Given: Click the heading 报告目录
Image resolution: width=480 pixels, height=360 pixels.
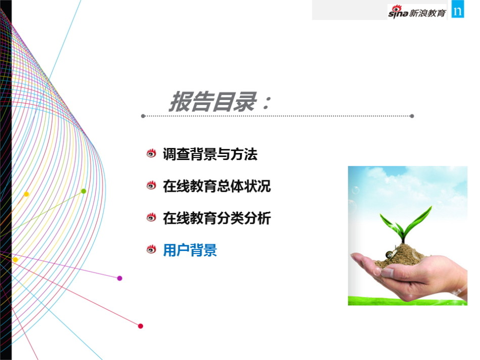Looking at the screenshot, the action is click(x=213, y=101).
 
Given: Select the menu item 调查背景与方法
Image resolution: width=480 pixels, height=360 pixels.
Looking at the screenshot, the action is click(x=210, y=154).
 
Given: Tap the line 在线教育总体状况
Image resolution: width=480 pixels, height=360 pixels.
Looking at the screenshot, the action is click(x=217, y=186).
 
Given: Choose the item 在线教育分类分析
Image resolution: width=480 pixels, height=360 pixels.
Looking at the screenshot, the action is click(x=217, y=218).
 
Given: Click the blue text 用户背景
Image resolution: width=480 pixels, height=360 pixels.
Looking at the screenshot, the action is click(x=190, y=250).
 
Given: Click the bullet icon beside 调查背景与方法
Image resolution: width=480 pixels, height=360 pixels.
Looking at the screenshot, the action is click(x=151, y=153).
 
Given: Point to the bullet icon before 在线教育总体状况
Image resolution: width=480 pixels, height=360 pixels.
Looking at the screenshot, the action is click(x=151, y=185).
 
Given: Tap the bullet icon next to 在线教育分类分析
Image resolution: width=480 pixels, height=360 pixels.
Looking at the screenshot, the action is click(x=151, y=217).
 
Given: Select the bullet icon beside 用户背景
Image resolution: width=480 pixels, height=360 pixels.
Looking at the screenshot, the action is click(x=151, y=249).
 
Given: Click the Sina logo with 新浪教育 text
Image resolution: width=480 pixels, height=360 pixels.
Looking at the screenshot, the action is click(x=417, y=12).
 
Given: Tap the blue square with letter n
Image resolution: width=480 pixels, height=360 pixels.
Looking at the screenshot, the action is click(x=458, y=10).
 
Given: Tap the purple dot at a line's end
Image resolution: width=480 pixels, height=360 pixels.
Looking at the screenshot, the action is click(x=120, y=278).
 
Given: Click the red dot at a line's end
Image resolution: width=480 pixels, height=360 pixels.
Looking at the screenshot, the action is click(x=140, y=326).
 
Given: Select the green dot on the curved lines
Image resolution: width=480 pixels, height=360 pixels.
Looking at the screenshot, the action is click(x=83, y=191).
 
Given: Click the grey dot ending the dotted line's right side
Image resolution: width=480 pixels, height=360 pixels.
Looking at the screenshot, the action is click(x=412, y=116).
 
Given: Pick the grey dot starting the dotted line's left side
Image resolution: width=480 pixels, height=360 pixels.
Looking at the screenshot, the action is click(x=143, y=116).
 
